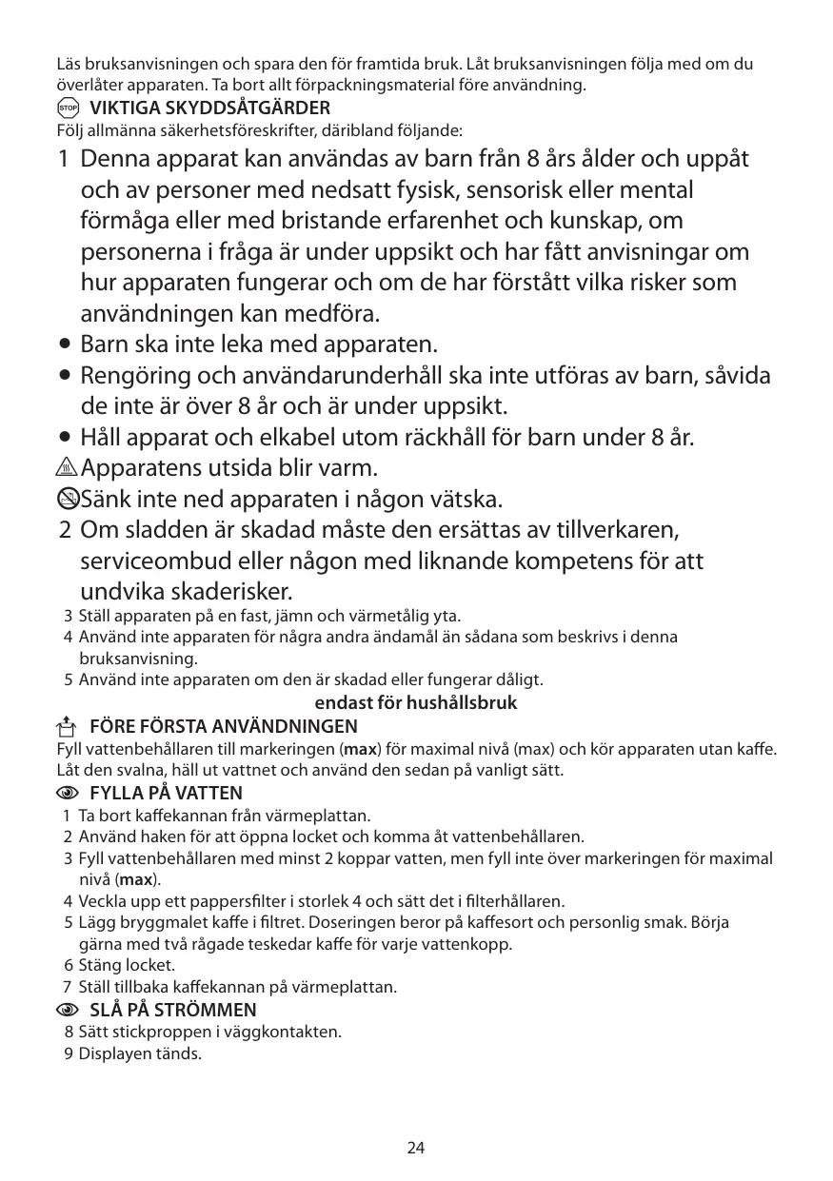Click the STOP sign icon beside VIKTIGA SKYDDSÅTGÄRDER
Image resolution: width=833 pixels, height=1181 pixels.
[68, 108]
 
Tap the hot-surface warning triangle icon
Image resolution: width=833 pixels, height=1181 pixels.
[68, 468]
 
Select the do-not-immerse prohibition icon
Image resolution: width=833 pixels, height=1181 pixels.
[68, 499]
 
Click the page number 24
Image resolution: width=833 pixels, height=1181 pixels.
[416, 1148]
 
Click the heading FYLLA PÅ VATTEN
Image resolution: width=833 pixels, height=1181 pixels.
[166, 793]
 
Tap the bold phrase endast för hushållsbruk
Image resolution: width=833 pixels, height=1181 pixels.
[416, 703]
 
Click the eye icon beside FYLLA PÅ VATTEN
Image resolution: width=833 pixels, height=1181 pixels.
[68, 793]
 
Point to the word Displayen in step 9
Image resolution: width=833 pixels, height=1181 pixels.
[111, 1053]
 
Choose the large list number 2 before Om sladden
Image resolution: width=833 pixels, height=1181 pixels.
[64, 529]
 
